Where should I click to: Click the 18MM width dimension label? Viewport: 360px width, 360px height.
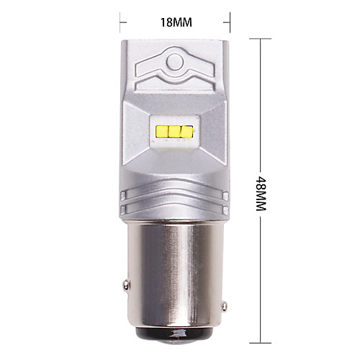(x=176, y=22)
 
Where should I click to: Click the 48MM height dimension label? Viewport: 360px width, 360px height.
(x=261, y=194)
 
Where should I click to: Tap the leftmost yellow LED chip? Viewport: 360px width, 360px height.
(x=161, y=131)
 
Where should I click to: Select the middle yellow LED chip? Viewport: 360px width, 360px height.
(x=174, y=131)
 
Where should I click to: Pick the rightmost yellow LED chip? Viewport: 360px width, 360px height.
(x=186, y=132)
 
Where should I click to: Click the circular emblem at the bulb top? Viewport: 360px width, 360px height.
(x=175, y=62)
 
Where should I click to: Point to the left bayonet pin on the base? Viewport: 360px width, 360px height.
(x=126, y=284)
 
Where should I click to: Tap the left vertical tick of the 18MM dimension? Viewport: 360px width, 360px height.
(x=120, y=22)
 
